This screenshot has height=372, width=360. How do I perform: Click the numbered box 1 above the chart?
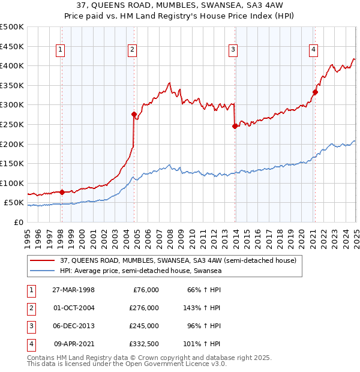click(61, 50)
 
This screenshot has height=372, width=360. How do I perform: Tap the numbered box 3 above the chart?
click(232, 50)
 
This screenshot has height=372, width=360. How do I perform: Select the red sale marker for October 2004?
click(134, 113)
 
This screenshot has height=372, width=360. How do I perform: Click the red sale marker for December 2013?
click(235, 126)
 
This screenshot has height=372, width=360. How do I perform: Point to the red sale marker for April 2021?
click(315, 92)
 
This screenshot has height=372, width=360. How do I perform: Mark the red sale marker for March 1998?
click(62, 192)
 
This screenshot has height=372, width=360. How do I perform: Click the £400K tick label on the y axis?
click(13, 65)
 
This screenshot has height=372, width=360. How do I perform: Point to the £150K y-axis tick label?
click(13, 163)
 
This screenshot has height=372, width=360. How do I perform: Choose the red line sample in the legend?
click(42, 260)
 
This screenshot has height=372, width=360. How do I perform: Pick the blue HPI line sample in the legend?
click(42, 271)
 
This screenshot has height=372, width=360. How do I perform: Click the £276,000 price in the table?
click(145, 307)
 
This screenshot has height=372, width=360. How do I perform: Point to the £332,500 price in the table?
click(145, 344)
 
